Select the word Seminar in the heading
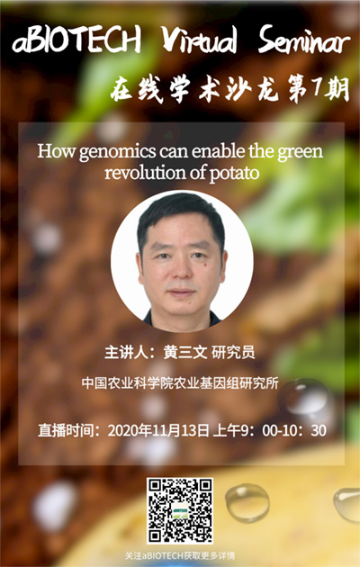tap(304, 40)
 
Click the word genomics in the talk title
tap(117, 152)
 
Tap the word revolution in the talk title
tap(145, 172)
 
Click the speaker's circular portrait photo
tap(182, 261)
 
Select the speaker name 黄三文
tap(185, 353)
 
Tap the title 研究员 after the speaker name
tap(233, 353)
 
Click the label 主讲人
tap(126, 353)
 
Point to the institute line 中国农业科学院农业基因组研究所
tap(180, 383)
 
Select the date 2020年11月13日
tap(158, 430)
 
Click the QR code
tap(180, 510)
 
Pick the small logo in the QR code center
tap(180, 510)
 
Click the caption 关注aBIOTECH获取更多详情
tap(180, 555)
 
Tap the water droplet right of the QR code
tap(247, 503)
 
